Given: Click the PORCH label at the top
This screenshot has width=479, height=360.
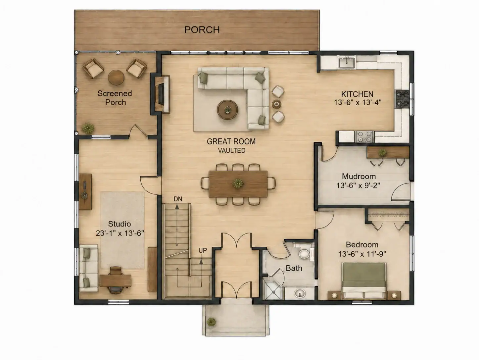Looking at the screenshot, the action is click(x=202, y=30).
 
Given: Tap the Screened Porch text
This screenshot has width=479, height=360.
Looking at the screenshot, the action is click(x=115, y=98).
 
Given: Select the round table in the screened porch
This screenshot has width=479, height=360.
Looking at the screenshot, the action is click(x=116, y=77).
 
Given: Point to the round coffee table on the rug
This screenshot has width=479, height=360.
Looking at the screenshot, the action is click(x=227, y=110).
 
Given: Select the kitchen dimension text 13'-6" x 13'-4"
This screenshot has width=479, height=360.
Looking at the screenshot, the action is click(x=358, y=102).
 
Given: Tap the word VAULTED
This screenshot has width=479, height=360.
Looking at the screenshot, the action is click(x=231, y=151).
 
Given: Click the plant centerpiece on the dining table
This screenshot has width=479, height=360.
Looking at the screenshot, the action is click(x=238, y=183).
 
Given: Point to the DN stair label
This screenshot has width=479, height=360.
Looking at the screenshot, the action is click(x=178, y=199).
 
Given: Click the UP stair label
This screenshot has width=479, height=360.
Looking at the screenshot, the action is click(x=203, y=250).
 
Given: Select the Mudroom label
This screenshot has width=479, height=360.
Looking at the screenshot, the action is click(x=359, y=177).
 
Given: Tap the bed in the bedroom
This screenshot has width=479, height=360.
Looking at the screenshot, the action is click(x=364, y=281).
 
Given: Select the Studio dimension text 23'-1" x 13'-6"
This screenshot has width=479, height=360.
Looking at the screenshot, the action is click(x=120, y=233).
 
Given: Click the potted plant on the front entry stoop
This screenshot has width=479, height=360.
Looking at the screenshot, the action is click(x=211, y=322).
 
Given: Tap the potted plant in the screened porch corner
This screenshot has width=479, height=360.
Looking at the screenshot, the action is click(x=88, y=128).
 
